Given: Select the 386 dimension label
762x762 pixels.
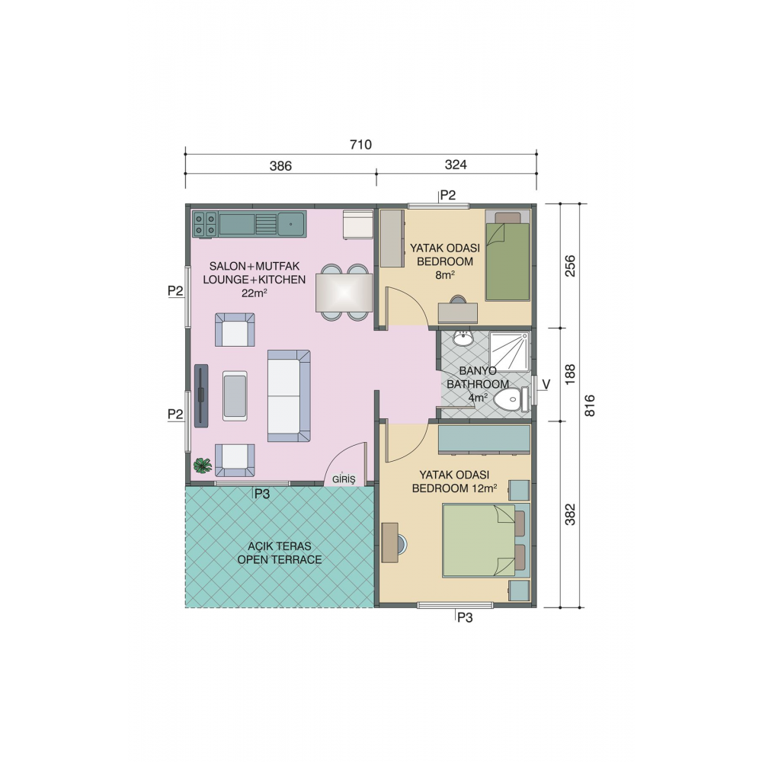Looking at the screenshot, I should point(280,165).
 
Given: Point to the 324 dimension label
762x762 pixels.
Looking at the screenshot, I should point(455,165).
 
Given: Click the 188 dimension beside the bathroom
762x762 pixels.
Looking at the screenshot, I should point(571,373).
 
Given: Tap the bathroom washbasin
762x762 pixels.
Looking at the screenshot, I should point(463,338).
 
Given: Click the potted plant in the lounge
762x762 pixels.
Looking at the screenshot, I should point(202,466).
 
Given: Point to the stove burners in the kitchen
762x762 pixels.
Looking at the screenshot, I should point(204,224).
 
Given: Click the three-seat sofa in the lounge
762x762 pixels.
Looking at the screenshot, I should point(289,396).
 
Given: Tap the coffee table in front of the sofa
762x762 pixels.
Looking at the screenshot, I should point(235,395).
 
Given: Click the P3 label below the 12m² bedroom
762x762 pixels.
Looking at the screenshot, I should point(465,618).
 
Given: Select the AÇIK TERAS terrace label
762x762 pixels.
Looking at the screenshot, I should point(279,552).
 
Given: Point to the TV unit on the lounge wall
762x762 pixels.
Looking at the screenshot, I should point(201,395).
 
